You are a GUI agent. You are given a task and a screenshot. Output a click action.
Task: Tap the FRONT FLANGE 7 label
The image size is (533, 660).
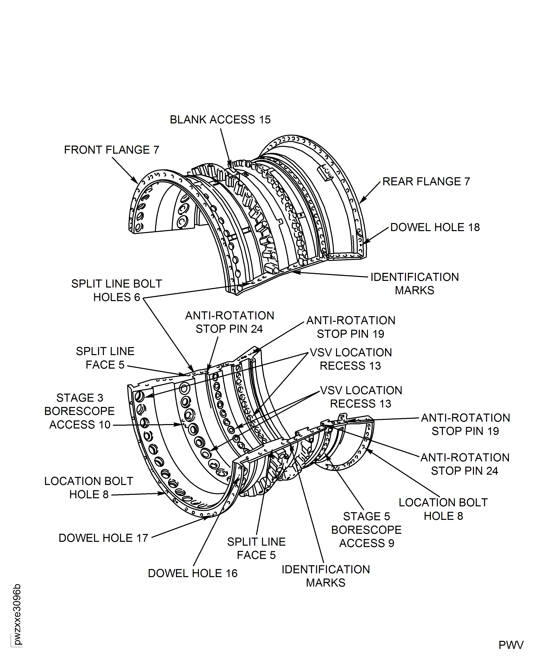(112, 150)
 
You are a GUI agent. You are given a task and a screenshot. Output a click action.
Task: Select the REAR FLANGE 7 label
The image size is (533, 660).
(426, 181)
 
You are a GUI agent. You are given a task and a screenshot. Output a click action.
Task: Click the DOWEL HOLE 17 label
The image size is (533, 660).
(103, 538)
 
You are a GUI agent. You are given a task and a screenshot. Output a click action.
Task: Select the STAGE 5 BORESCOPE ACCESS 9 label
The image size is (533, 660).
(366, 530)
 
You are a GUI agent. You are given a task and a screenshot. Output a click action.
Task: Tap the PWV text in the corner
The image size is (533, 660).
(511, 645)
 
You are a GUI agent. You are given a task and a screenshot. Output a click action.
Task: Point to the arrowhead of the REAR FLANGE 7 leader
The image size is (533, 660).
(361, 201)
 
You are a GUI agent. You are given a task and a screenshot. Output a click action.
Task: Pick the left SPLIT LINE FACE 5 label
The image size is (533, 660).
(105, 358)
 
